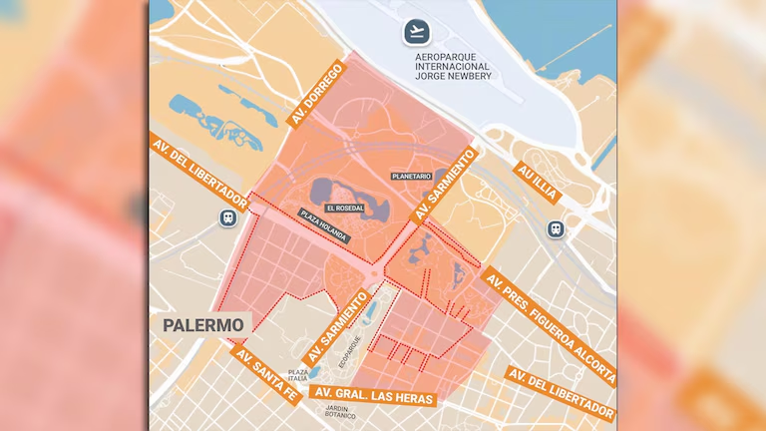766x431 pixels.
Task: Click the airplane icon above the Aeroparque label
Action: pos(416,32)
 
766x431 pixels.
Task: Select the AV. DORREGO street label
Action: pos(317,95)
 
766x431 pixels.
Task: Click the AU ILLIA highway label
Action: pos(538,184)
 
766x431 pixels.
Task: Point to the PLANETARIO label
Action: pos(411,176)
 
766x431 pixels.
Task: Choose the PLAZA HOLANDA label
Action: pos(324,226)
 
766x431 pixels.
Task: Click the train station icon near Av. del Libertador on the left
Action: pos(229,216)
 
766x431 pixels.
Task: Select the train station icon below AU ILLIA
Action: pos(556,227)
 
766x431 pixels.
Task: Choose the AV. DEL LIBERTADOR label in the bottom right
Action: pos(560,394)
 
